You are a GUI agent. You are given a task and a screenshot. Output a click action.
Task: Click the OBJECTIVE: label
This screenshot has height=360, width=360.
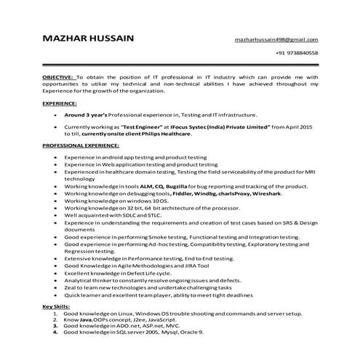[x=57, y=76]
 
